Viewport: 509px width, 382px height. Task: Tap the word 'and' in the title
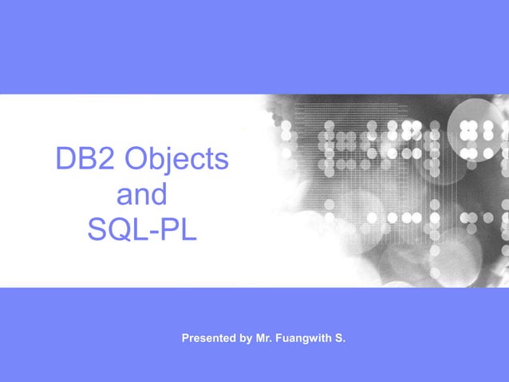[142, 195]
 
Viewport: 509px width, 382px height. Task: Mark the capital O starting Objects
[136, 159]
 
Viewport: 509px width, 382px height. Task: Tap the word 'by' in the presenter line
[246, 340]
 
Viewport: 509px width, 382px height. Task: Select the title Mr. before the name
[264, 339]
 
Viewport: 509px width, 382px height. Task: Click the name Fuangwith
[305, 340]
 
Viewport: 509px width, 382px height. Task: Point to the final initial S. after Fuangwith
[341, 339]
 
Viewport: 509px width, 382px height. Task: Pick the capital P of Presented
[186, 339]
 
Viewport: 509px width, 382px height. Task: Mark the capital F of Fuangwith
[279, 339]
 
